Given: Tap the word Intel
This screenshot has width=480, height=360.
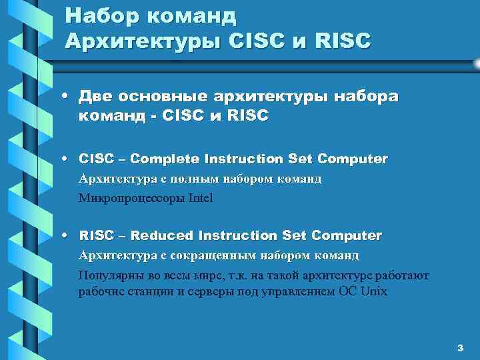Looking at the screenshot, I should (x=200, y=198).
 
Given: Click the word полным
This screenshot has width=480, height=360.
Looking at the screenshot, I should (x=171, y=179).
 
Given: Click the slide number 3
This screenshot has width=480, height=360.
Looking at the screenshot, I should (x=459, y=348).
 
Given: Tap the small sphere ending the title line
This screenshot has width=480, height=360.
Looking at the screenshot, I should (x=476, y=63).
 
